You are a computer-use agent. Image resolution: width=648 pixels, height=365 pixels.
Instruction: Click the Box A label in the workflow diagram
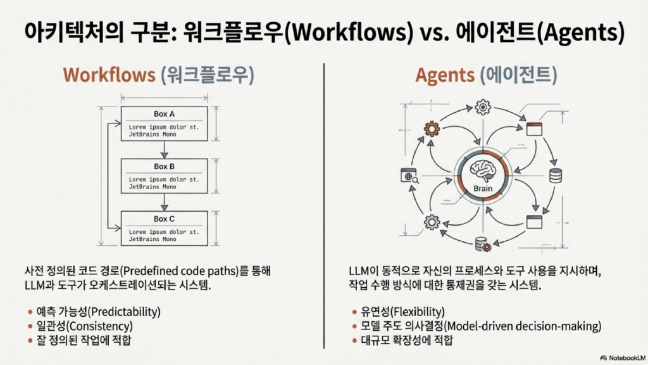coord(165,114)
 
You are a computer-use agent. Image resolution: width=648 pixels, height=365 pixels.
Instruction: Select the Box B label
coord(165,167)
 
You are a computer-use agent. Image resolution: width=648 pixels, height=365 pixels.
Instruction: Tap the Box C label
coord(165,219)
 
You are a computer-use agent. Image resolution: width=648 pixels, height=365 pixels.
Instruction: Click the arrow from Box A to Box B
coord(165,150)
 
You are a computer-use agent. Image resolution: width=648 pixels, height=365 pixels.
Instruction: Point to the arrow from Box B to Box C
coord(165,203)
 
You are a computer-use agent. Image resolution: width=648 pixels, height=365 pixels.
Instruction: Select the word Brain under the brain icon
coord(483,189)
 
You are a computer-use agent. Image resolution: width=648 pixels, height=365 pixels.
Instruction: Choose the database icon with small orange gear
coord(482,244)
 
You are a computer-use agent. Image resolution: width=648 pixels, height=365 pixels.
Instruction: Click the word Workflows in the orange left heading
coord(109,75)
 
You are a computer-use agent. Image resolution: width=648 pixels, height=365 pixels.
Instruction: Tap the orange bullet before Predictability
coord(30,312)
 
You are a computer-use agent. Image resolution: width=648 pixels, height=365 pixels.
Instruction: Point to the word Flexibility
coord(418,312)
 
